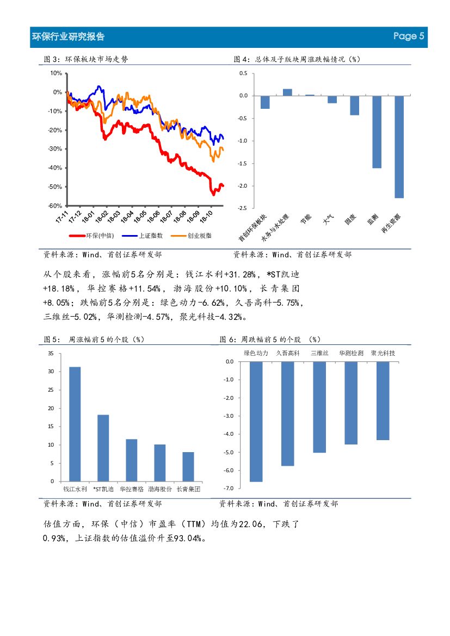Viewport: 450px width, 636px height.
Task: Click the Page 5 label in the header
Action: coord(408,36)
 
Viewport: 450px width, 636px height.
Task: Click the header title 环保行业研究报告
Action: coord(68,36)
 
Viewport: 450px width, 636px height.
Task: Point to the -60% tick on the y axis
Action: coord(55,206)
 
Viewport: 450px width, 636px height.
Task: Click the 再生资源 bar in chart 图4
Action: coord(399,147)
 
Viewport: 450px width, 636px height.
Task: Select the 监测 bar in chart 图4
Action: coord(377,132)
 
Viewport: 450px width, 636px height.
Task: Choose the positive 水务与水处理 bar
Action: coord(287,92)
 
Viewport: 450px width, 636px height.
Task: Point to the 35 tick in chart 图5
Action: coord(51,354)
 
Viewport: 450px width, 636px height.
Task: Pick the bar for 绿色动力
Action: coord(256,422)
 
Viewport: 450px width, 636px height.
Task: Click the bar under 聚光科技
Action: coord(383,400)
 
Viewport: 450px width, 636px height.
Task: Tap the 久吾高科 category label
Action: coord(288,353)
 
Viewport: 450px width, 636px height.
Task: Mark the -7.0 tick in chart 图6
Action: coord(229,489)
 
